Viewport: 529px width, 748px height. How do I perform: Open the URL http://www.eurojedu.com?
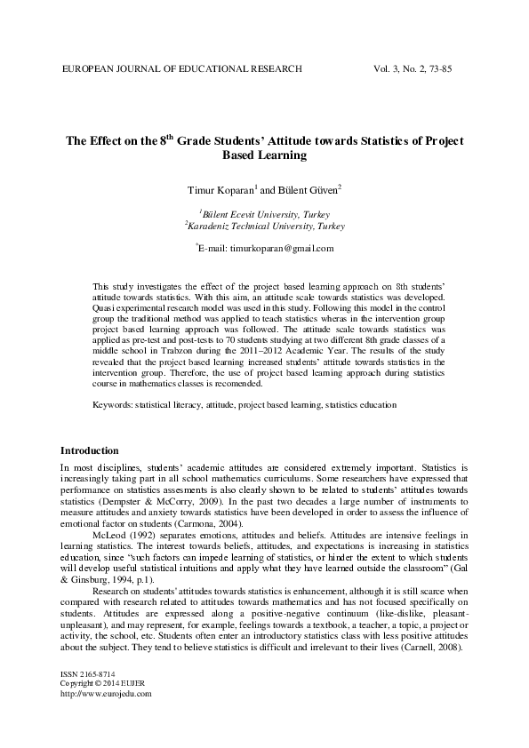click(x=106, y=694)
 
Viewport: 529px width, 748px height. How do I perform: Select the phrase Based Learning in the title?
click(x=264, y=155)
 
